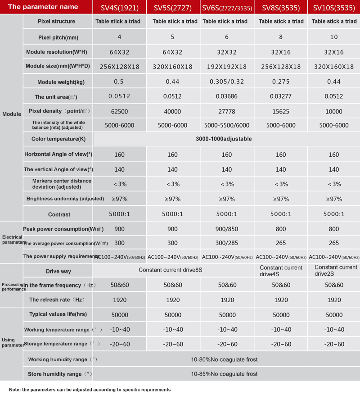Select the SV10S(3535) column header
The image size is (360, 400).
334,7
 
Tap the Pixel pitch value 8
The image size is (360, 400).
281,37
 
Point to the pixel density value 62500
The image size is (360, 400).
119,111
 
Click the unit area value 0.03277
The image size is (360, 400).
281,96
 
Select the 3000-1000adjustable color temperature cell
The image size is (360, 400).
224,139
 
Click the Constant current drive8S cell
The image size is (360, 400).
173,270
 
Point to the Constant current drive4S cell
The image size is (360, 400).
281,271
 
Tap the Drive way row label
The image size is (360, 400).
58,271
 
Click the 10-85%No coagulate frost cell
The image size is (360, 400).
224,374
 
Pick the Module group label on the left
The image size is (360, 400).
11,114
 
